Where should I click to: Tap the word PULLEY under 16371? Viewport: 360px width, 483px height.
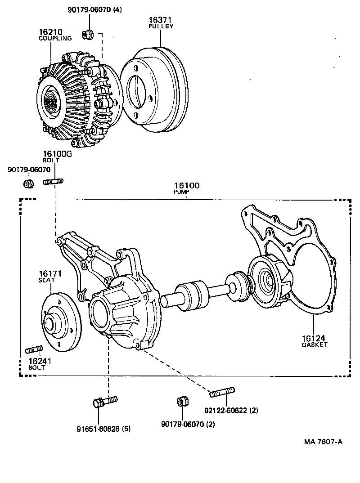click(161, 26)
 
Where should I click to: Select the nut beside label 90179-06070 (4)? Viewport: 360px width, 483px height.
click(88, 34)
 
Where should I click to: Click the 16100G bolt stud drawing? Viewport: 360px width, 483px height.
click(53, 182)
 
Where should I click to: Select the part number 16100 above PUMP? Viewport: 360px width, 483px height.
click(186, 185)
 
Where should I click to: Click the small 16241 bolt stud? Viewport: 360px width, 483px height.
click(34, 349)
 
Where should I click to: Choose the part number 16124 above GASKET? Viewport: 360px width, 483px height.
click(314, 338)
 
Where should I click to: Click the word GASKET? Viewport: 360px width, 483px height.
click(314, 344)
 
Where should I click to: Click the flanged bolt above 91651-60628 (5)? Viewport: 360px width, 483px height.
click(105, 401)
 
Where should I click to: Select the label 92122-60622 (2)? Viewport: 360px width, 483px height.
click(231, 410)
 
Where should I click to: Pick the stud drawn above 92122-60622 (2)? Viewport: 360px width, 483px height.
click(222, 393)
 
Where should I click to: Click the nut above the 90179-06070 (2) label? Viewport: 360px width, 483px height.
click(182, 401)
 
